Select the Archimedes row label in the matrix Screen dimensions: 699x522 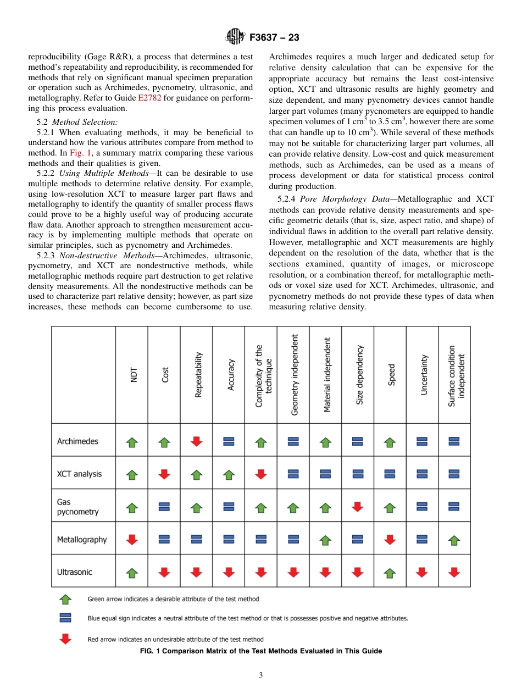coord(77,441)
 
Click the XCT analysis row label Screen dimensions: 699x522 coord(79,474)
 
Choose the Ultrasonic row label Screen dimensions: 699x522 coord(75,572)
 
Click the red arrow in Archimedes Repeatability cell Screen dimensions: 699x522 coord(197,441)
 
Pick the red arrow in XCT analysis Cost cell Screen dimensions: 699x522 coord(164,474)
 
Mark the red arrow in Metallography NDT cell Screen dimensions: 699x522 coord(132,539)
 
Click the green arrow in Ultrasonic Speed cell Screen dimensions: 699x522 coord(390,573)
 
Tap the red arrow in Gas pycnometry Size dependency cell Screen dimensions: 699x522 coord(358,507)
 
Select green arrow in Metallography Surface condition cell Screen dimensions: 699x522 coord(454,540)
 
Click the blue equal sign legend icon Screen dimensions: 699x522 coord(65,618)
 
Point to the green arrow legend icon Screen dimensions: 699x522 coord(65,598)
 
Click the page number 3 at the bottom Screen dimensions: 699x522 coord(261,675)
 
